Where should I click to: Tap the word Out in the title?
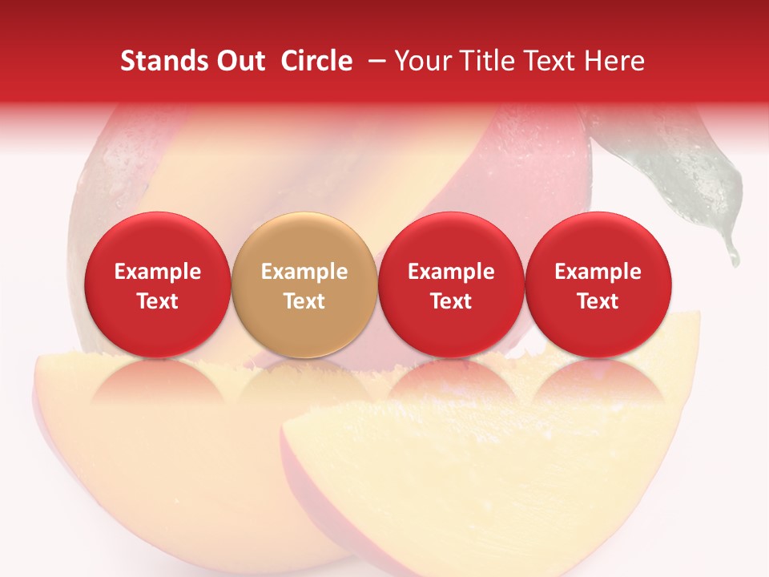pyautogui.click(x=239, y=61)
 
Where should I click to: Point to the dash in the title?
pyautogui.click(x=374, y=61)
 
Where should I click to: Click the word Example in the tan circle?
pyautogui.click(x=304, y=272)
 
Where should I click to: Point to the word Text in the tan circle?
pyautogui.click(x=304, y=301)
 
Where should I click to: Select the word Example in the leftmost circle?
pyautogui.click(x=157, y=272)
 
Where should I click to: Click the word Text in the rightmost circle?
pyautogui.click(x=598, y=301)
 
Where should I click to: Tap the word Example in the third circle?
pyautogui.click(x=451, y=272)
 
